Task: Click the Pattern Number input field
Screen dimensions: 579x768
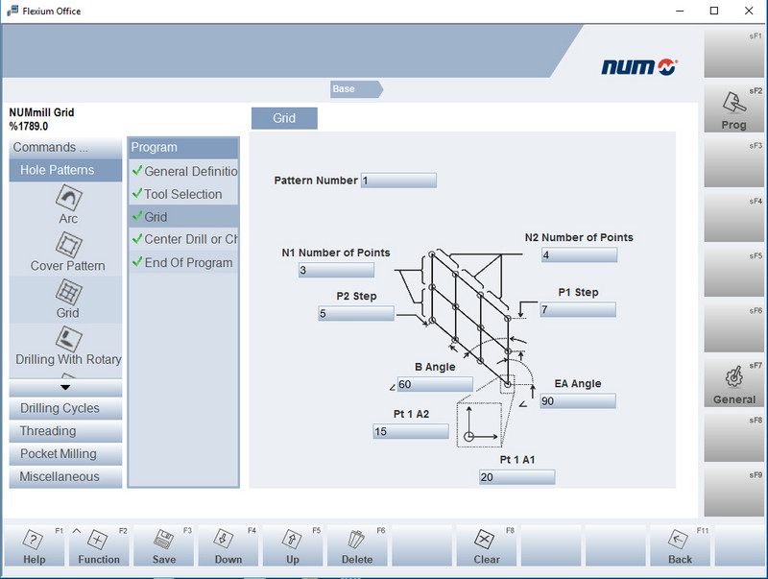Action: (398, 181)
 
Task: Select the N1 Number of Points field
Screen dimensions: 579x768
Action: (336, 271)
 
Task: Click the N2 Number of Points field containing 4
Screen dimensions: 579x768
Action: (578, 255)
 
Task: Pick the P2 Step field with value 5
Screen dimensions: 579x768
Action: (356, 314)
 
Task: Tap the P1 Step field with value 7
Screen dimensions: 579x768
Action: (577, 310)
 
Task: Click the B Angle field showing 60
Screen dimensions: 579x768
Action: (435, 385)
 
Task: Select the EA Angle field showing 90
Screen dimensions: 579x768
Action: (577, 401)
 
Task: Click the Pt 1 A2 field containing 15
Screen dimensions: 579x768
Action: (411, 432)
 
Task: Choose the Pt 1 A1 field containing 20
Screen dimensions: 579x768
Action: (516, 477)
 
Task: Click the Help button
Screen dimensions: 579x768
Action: (34, 546)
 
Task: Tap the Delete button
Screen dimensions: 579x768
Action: (357, 546)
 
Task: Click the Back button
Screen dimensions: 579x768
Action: (681, 546)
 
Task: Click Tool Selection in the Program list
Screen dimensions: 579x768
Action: (182, 194)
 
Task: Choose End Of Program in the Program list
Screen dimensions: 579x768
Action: (187, 263)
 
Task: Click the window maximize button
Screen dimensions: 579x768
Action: (713, 12)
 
